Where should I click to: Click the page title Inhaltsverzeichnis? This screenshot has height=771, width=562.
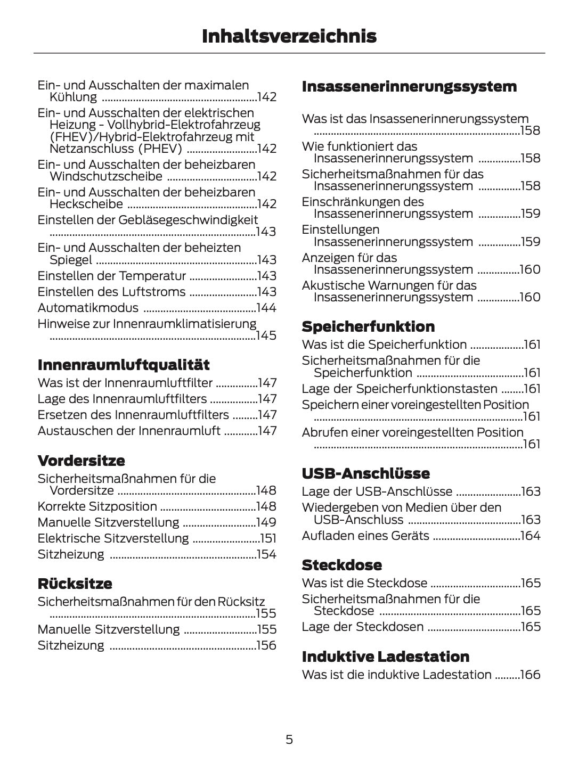coord(289,36)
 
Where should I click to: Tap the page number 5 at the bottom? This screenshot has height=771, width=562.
coord(289,739)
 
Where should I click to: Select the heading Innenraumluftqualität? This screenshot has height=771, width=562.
coord(124,365)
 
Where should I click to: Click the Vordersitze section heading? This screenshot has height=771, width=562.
coord(81,461)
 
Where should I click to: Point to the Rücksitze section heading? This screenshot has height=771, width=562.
coord(75,584)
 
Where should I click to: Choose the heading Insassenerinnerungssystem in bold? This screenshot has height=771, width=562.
coord(409,86)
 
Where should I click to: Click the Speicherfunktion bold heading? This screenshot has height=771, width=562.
coord(368,326)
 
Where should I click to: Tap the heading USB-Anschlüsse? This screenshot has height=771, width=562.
coord(365,473)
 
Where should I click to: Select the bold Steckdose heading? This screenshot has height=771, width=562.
coord(341,565)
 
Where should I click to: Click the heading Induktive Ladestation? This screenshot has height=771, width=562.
coord(385,657)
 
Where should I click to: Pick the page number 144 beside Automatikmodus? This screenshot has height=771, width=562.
coord(266,308)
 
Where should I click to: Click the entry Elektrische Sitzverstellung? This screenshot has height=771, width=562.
coord(113,538)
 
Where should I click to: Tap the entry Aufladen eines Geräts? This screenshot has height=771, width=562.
coord(365,536)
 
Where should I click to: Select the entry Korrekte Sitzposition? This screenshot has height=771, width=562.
coord(97,506)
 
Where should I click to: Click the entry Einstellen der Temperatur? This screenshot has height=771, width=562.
coord(111,276)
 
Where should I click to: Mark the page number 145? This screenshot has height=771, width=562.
coord(266,335)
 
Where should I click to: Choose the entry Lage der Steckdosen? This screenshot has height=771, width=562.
coord(362,627)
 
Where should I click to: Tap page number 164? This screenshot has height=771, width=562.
coord(530,536)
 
